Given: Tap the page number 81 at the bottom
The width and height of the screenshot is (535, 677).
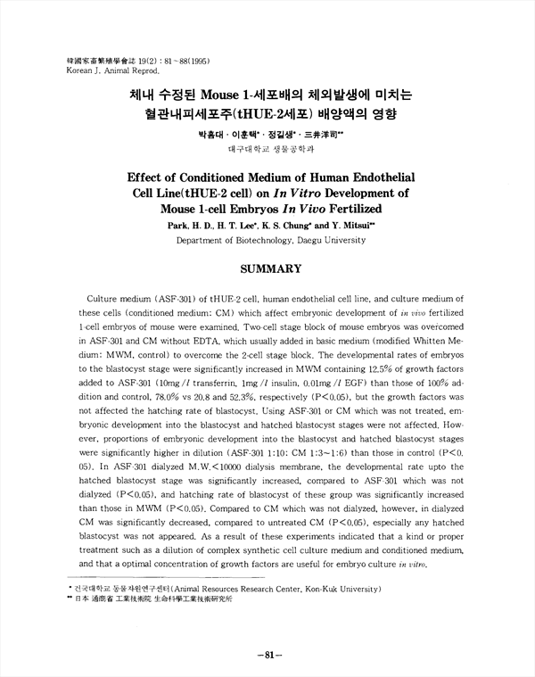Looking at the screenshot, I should click(x=267, y=656).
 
